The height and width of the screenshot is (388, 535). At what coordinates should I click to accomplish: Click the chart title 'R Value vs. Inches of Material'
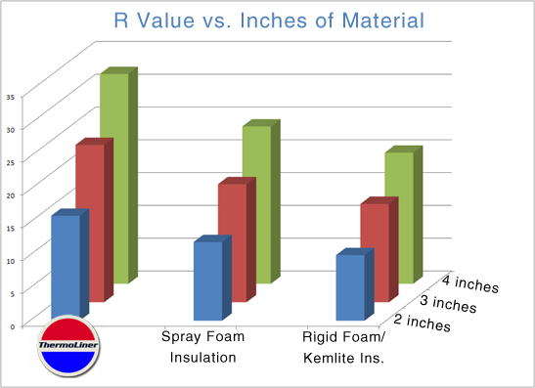pos(269,21)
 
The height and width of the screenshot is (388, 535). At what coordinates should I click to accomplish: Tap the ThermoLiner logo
pos(68,346)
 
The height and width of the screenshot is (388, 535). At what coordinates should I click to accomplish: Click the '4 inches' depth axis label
pos(470,284)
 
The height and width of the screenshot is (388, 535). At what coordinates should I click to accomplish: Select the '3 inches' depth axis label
pos(448,303)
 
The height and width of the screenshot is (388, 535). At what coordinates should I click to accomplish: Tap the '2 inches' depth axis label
pos(423,323)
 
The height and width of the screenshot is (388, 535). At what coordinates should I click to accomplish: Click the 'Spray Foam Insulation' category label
pos(203,347)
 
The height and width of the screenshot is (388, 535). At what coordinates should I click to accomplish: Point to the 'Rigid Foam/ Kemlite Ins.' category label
pos(343,347)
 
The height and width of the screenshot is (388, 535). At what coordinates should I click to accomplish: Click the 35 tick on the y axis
pos(11,97)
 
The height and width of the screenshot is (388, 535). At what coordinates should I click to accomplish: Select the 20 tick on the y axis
pos(11,195)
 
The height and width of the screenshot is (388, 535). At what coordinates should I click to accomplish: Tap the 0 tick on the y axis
pos(13,326)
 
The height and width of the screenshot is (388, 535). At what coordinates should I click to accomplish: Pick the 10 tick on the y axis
pos(11,261)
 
